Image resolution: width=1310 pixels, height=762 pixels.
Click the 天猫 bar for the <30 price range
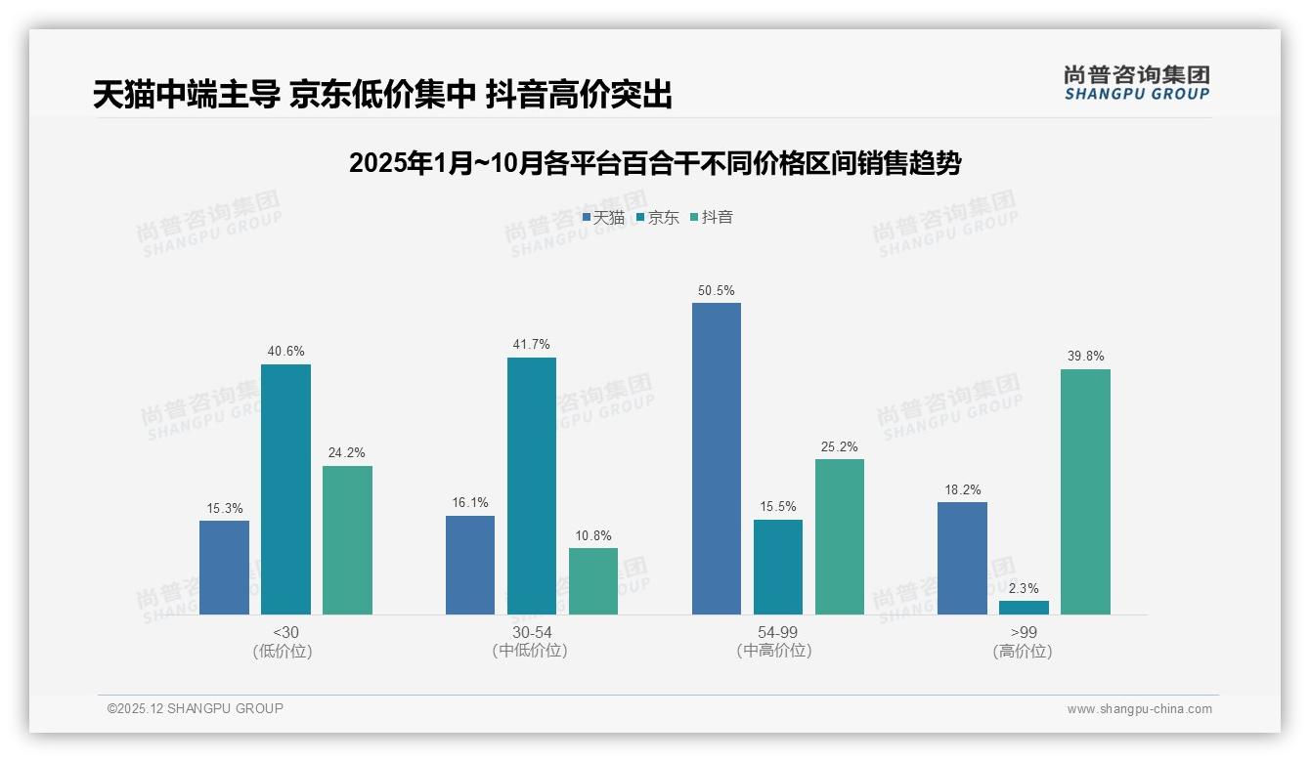coord(224,568)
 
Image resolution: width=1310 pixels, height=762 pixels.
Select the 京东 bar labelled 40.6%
coord(285,489)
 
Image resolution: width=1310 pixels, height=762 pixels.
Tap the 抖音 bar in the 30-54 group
coord(593,581)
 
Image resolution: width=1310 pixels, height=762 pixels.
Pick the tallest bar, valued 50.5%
coord(717,458)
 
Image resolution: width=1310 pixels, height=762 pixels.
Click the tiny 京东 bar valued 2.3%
coord(1024,608)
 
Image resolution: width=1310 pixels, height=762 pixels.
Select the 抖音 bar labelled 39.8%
coord(1085,491)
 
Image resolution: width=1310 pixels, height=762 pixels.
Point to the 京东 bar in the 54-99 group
coord(778,567)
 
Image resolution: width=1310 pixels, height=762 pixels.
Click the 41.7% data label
coord(532,344)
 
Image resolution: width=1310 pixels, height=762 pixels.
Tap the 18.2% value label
coord(963,489)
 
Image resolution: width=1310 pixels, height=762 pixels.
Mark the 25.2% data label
coord(840,446)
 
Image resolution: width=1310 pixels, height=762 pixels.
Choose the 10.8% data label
coord(593,535)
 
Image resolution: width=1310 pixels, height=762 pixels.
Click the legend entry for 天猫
coord(603,217)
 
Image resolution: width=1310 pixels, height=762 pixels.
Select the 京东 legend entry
coord(657,217)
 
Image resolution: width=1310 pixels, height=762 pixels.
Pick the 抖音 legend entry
coord(712,217)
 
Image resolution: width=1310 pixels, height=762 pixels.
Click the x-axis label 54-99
coord(778,632)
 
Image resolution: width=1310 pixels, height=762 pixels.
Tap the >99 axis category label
coord(1024,632)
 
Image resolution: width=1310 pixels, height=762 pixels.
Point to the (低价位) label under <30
coord(283,651)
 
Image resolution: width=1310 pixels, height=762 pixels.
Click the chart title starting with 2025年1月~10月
coord(655,163)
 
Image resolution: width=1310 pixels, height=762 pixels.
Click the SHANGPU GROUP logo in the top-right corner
coord(1136,82)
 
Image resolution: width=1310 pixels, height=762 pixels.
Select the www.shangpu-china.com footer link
coord(1139,709)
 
